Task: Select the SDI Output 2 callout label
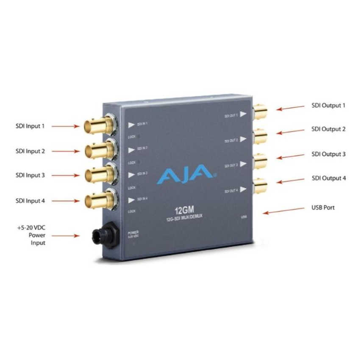(x=328, y=129)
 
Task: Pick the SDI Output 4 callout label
(x=328, y=178)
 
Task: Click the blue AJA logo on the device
(x=185, y=172)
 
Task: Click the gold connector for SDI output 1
(x=259, y=112)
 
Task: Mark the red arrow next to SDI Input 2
(x=66, y=151)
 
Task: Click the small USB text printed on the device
(x=243, y=217)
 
